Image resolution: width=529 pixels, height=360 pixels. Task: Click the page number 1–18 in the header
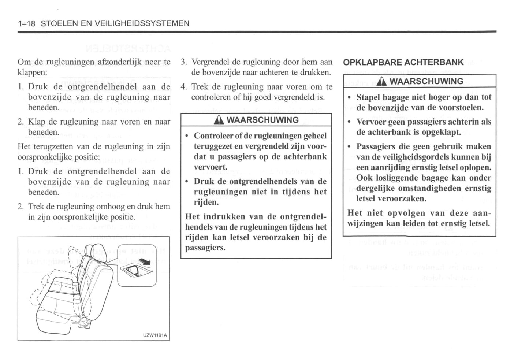coord(26,23)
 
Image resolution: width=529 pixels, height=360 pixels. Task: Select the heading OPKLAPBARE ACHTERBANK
coord(403,62)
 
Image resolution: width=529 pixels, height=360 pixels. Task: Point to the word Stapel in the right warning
coord(367,97)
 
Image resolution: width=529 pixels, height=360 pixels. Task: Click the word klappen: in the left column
coord(32,72)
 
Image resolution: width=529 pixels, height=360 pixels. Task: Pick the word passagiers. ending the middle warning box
coord(205,248)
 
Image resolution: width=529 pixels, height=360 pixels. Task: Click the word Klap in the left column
coord(37,122)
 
